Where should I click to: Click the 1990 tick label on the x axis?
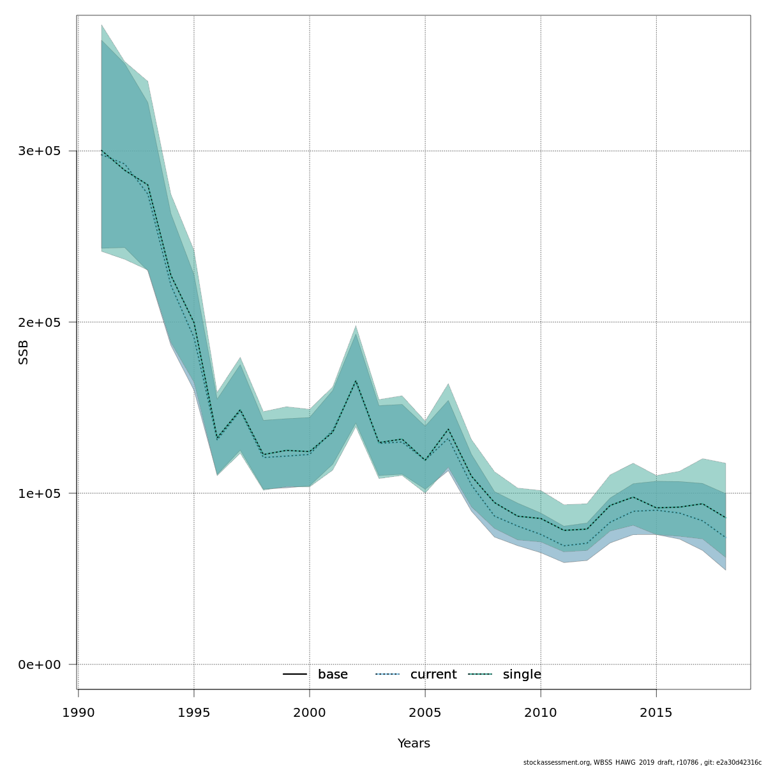click(79, 713)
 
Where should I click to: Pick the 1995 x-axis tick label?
click(194, 713)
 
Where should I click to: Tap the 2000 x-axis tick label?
click(310, 713)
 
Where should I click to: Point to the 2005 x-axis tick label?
click(425, 713)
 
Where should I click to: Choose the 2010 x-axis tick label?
click(541, 713)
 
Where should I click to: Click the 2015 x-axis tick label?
click(656, 713)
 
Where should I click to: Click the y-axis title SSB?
click(24, 352)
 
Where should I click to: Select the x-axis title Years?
click(414, 744)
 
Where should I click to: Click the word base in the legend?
click(333, 675)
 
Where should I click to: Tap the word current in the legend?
click(433, 675)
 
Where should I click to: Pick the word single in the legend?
click(522, 675)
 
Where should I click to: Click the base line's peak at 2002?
click(356, 381)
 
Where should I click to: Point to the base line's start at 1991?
click(101, 151)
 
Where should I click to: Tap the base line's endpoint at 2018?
click(725, 518)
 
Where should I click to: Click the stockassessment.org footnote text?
click(642, 762)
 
